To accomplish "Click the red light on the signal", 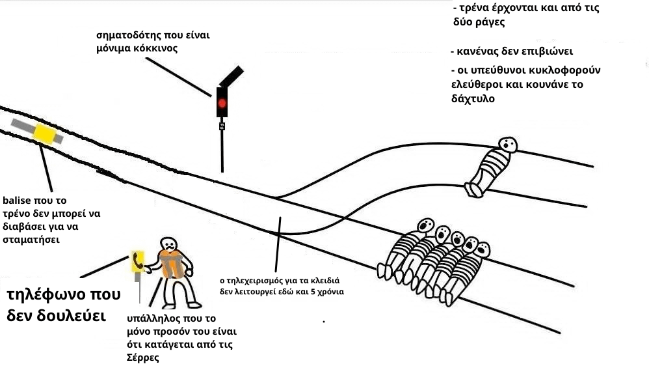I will (x=222, y=103).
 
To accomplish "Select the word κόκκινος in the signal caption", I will (x=157, y=49).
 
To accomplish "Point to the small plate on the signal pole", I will (x=222, y=125).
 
